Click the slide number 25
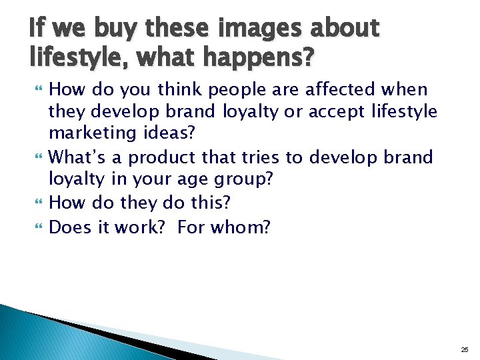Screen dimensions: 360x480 click(464, 349)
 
